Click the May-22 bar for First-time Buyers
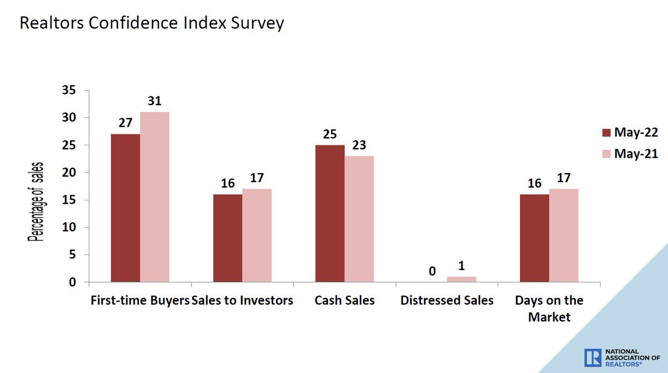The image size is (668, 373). tap(125, 208)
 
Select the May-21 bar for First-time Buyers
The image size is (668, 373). tap(155, 197)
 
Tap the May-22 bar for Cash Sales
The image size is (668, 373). tap(330, 214)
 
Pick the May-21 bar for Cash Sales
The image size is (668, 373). tap(359, 219)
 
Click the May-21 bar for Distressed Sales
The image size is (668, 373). tap(461, 279)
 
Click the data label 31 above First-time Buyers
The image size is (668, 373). tap(155, 101)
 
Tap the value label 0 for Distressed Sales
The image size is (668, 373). tap(432, 272)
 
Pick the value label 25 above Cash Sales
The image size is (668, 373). tap(330, 134)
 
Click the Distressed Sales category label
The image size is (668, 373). tap(446, 301)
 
